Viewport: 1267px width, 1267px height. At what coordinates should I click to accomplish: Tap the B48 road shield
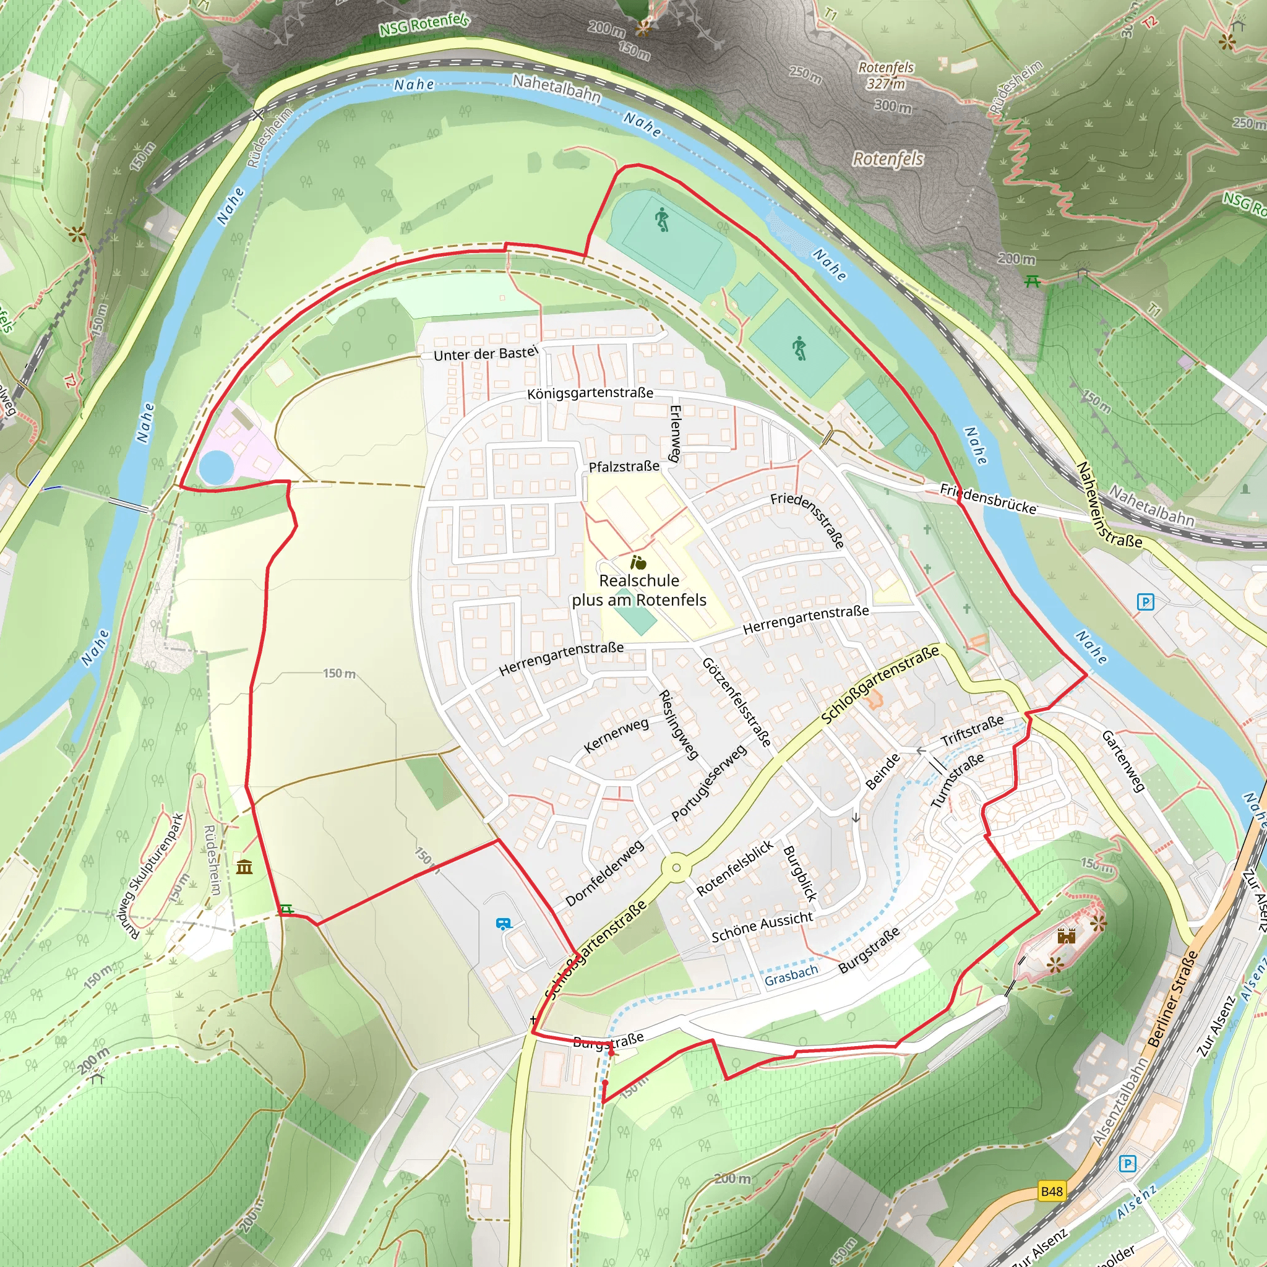(x=1051, y=1191)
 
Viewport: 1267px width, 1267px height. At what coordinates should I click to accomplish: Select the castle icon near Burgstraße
(x=1067, y=936)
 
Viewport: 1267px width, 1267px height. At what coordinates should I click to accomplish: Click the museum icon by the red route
(x=244, y=867)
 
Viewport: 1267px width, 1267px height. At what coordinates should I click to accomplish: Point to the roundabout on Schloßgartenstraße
(x=676, y=867)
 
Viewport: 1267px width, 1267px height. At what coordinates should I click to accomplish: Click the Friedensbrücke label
(x=988, y=499)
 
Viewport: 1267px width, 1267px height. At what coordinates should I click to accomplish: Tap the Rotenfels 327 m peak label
(x=886, y=75)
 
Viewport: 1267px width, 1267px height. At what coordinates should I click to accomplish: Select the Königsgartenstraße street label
(x=590, y=393)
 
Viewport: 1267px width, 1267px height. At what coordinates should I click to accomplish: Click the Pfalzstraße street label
(x=624, y=466)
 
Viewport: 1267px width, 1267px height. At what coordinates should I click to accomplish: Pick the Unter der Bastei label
(x=486, y=353)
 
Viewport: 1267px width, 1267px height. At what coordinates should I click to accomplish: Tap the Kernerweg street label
(x=616, y=734)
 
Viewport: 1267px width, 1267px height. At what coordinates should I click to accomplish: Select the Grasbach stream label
(x=791, y=975)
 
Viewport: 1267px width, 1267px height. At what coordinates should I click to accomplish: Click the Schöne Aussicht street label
(x=762, y=926)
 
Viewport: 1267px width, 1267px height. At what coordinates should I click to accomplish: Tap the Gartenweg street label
(x=1123, y=762)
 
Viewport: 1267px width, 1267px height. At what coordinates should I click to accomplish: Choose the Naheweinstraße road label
(x=1110, y=505)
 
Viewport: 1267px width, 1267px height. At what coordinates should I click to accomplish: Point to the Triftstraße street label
(x=972, y=730)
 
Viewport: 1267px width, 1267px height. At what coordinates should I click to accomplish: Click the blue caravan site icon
(x=504, y=924)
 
